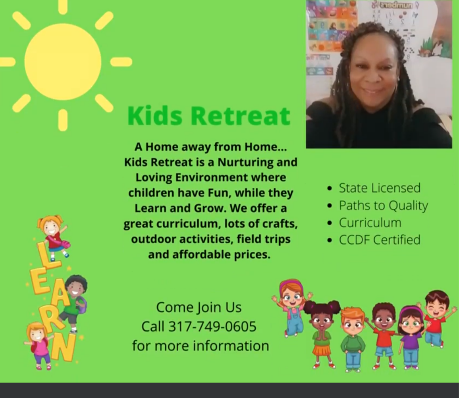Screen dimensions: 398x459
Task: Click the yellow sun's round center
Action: (63, 62)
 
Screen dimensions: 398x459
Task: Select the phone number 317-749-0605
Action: (212, 326)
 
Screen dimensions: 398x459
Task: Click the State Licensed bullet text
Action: (379, 188)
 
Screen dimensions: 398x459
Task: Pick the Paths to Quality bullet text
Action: (383, 206)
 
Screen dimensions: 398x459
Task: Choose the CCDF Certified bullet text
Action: (379, 240)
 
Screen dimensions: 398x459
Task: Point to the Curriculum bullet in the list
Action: (370, 223)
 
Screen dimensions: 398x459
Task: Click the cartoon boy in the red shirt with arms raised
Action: (436, 317)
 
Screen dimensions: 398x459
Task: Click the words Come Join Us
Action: (198, 307)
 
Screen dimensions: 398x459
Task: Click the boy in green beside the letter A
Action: (74, 302)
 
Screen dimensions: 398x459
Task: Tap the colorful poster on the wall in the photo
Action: (331, 26)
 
